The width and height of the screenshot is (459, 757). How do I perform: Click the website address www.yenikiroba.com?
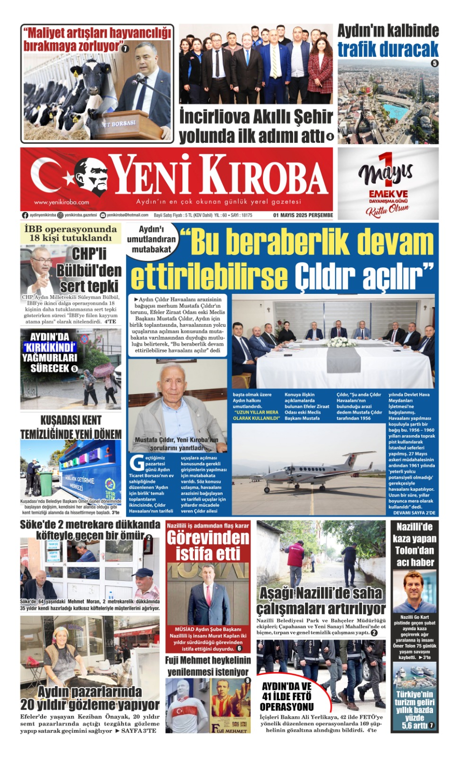pyautogui.click(x=61, y=202)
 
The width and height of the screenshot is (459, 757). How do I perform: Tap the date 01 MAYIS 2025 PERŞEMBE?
pyautogui.click(x=303, y=215)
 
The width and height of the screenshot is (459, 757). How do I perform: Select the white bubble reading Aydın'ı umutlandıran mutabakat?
pyautogui.click(x=151, y=239)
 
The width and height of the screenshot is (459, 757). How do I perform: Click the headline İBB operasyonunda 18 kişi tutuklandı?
pyautogui.click(x=71, y=233)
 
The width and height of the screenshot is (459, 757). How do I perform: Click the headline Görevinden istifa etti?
pyautogui.click(x=208, y=546)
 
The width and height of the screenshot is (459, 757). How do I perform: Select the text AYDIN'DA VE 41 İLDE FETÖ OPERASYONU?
pyautogui.click(x=287, y=696)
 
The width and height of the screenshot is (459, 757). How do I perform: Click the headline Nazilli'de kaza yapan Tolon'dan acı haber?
pyautogui.click(x=415, y=545)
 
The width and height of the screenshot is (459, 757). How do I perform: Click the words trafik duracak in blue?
pyautogui.click(x=388, y=49)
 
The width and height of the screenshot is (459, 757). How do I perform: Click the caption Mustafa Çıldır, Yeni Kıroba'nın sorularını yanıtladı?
pyautogui.click(x=177, y=444)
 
